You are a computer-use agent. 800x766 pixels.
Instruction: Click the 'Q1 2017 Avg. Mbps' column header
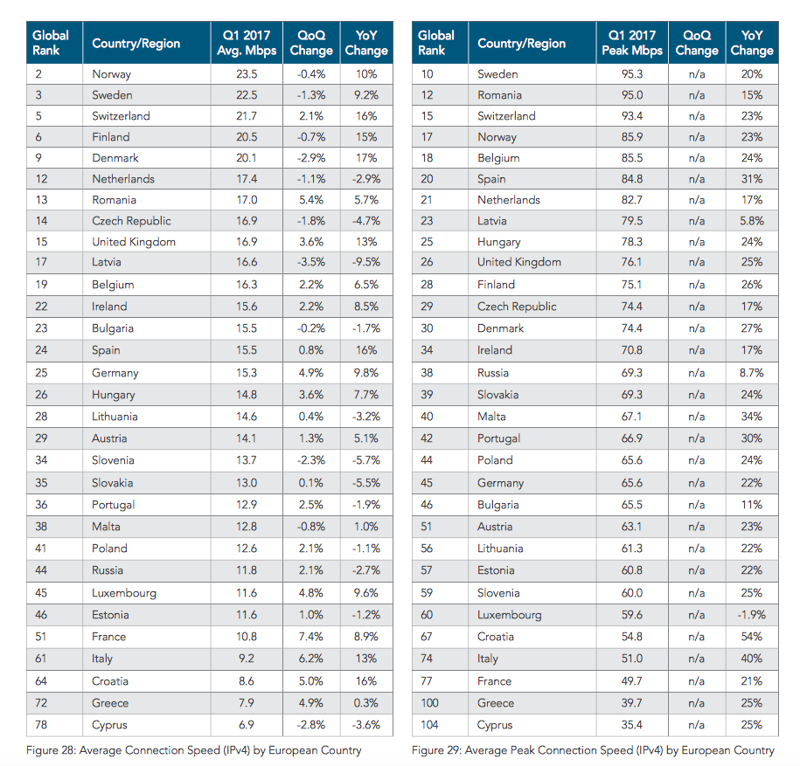pos(247,43)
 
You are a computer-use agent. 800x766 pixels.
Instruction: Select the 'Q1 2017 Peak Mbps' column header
pos(631,43)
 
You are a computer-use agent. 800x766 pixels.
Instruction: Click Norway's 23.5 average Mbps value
pos(247,74)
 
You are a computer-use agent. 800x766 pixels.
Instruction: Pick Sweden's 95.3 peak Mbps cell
pos(631,74)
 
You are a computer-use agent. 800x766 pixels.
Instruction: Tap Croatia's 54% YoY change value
pos(752,637)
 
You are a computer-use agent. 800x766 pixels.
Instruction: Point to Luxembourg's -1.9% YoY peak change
pos(752,615)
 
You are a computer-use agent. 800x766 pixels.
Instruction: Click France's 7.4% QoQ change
pos(311,637)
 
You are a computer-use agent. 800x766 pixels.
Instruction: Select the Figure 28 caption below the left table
pos(194,750)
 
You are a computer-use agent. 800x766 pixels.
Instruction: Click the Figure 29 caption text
pos(593,750)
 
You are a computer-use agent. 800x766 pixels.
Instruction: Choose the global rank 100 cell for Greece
pos(429,703)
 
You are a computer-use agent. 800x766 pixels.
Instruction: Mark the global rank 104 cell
pos(429,725)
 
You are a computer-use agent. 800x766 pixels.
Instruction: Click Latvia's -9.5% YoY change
pos(366,263)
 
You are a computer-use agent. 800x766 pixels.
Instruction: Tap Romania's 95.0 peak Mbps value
pos(631,95)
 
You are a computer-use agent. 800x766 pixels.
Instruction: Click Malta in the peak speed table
pos(491,417)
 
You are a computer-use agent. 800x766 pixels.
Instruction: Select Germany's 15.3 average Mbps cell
pos(247,373)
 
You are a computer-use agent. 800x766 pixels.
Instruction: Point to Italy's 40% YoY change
pos(752,659)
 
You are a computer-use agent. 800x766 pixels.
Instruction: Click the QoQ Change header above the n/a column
pos(697,43)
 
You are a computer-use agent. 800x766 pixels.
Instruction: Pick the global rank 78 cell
pos(41,725)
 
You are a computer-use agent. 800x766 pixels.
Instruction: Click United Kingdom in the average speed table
pos(134,242)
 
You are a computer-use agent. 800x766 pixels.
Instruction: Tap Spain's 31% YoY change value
pos(752,179)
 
